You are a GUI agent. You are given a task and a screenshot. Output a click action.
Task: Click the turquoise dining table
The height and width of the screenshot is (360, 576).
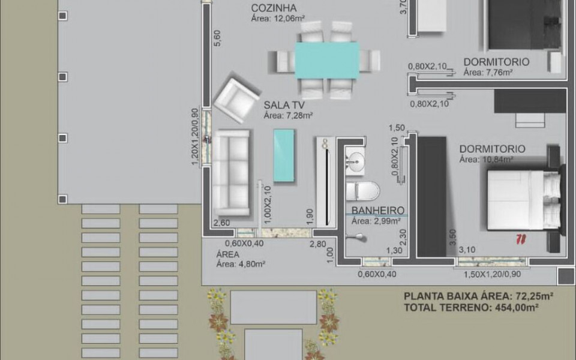click(x=327, y=60)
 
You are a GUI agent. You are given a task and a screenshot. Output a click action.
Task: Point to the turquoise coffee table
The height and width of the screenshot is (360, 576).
click(x=284, y=155)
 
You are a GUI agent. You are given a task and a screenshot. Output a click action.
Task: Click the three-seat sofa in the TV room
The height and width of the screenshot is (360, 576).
click(x=232, y=172)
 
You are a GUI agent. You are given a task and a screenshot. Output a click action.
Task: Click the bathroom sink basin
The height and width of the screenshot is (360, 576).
click(x=355, y=160)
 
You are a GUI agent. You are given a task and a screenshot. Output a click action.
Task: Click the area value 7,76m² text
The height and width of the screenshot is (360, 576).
click(x=487, y=73)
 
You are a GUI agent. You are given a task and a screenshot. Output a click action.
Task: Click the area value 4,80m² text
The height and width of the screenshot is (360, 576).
click(x=241, y=263)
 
